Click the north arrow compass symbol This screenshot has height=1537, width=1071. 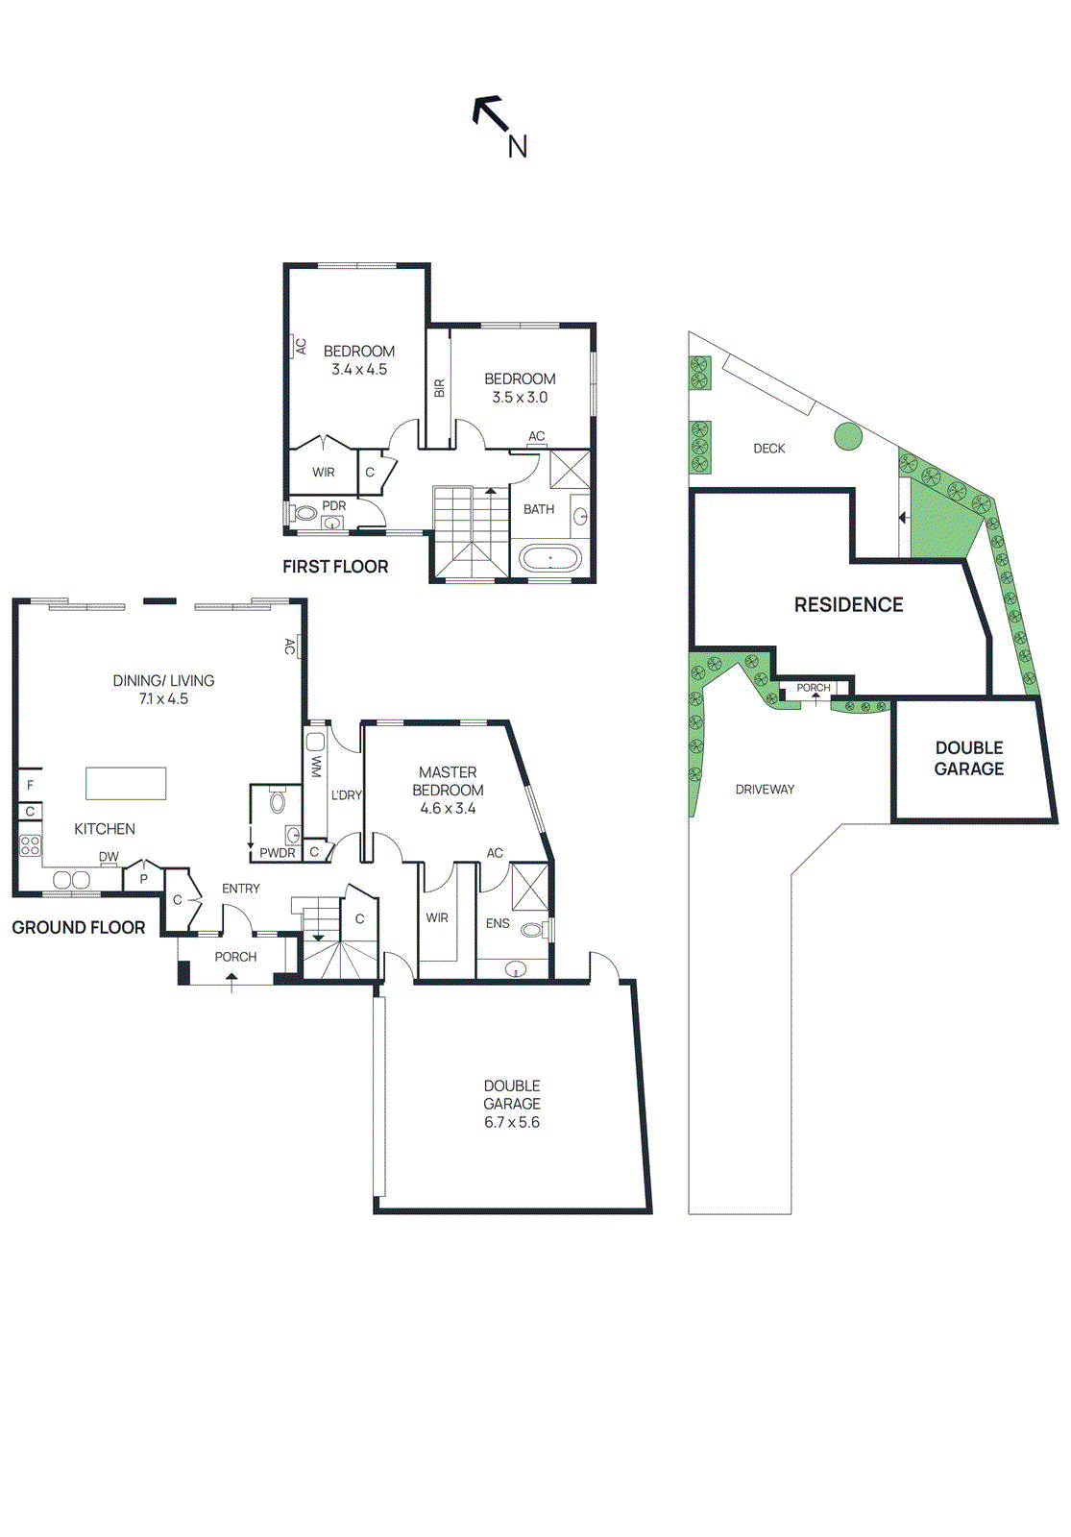491,114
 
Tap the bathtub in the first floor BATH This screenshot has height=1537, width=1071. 549,558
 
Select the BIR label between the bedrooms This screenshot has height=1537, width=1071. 440,388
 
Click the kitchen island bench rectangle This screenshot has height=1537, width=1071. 126,783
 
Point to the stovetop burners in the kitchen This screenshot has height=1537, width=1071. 31,845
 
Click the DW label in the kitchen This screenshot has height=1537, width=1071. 109,857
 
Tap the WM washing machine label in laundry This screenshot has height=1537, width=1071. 316,766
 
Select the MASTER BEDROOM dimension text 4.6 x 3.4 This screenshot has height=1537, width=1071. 448,809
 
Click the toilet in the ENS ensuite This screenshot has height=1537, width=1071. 532,929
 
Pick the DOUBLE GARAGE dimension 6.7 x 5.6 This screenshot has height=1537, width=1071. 512,1122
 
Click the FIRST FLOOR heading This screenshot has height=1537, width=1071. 335,567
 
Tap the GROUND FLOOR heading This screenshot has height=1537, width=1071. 79,927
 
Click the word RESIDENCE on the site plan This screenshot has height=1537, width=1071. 848,604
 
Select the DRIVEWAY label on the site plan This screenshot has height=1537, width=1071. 765,790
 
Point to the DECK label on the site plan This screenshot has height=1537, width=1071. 768,449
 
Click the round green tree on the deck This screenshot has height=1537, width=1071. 848,437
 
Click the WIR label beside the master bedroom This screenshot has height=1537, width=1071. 437,918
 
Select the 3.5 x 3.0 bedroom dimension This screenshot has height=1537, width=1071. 520,398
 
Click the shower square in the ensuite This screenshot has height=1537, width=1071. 529,887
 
